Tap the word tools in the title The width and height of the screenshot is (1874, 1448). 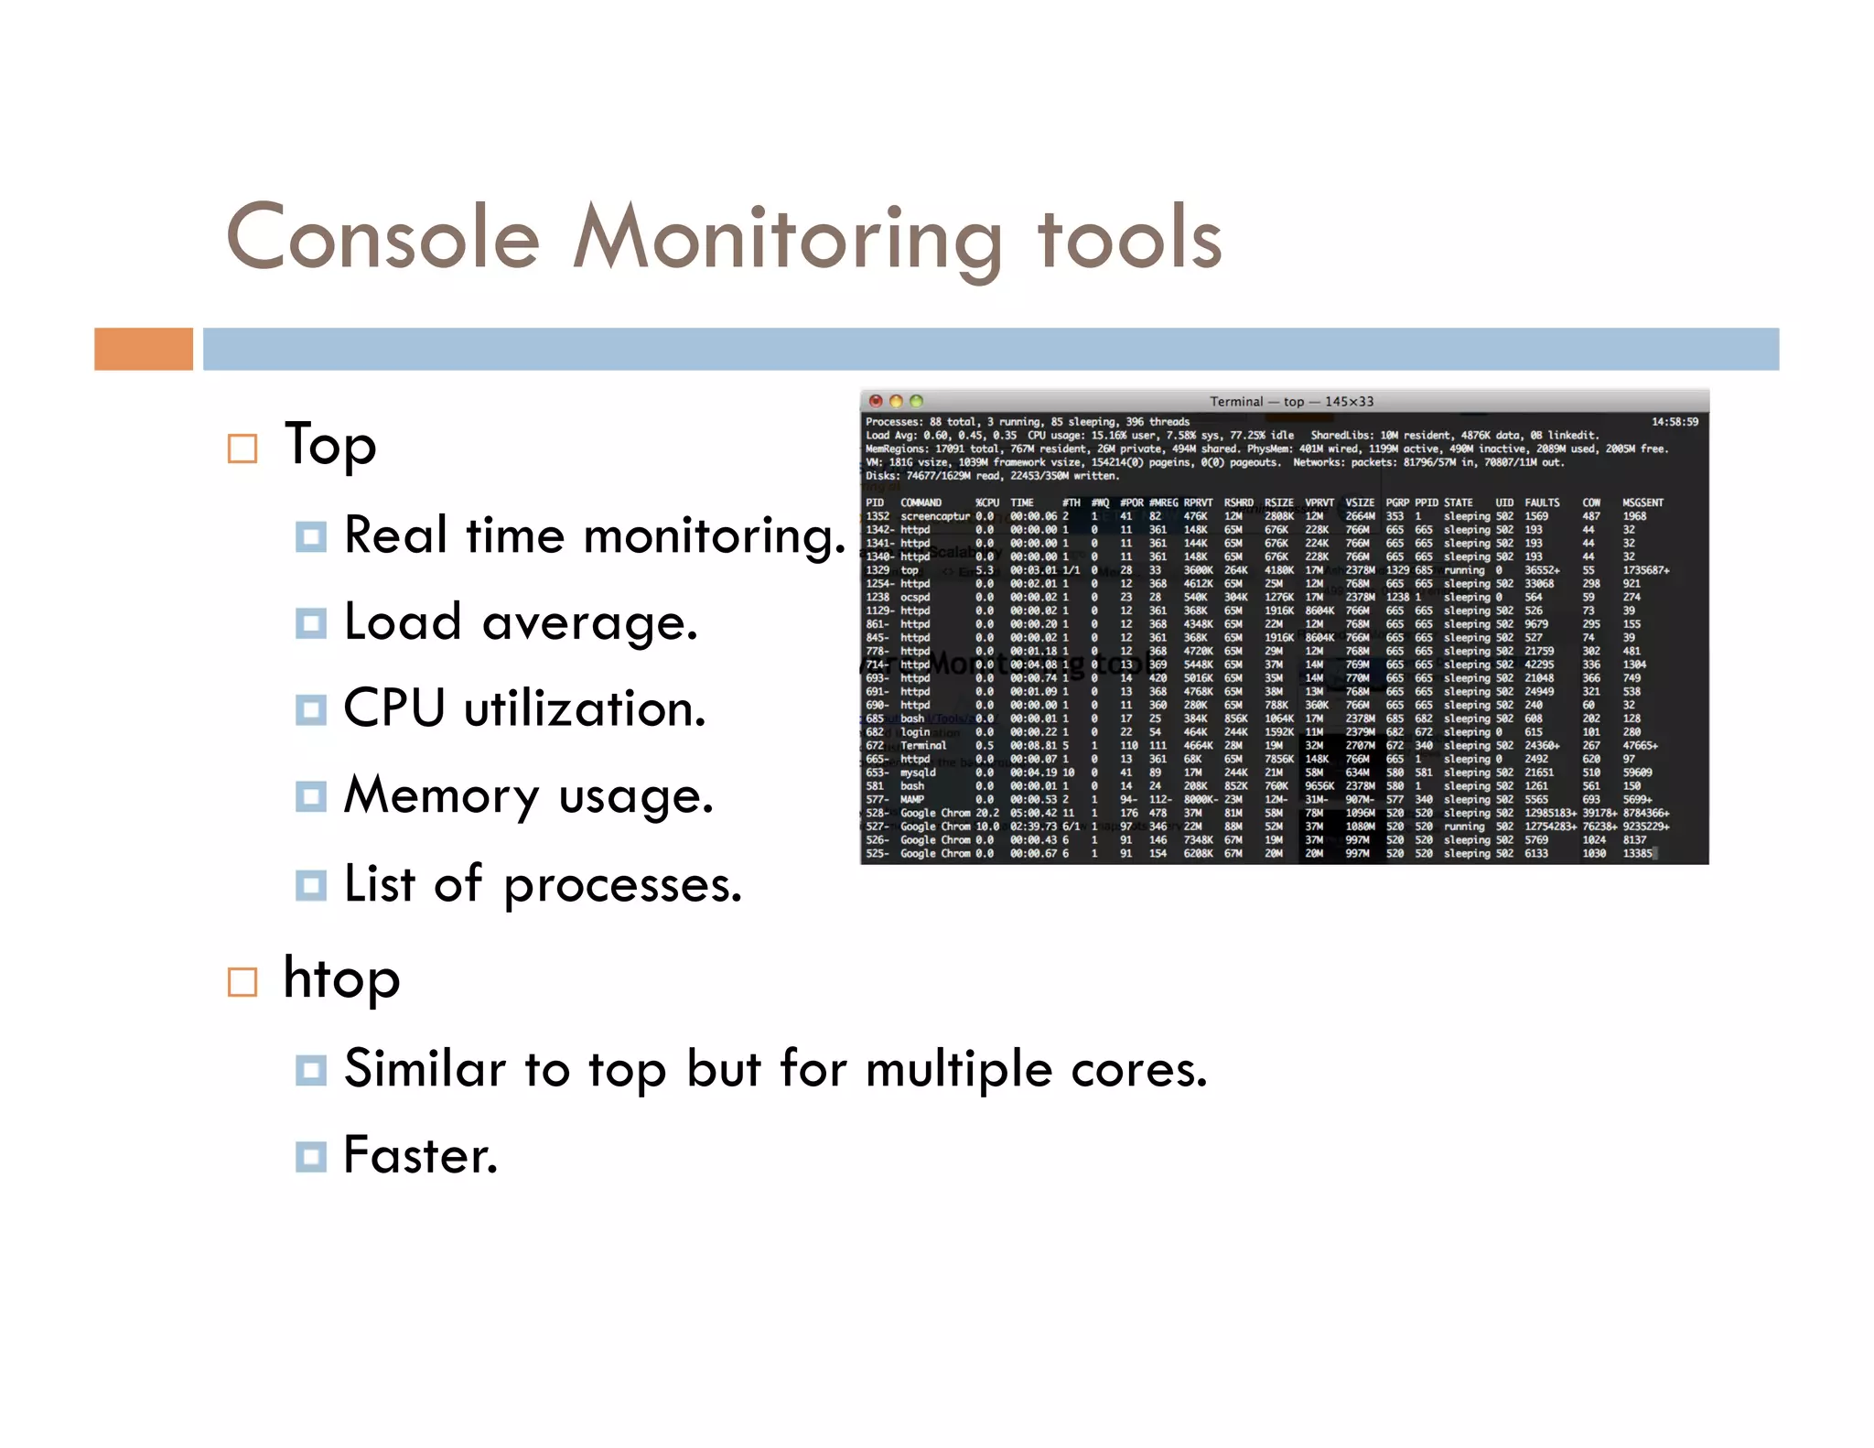[x=1129, y=238]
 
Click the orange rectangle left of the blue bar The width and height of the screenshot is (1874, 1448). [x=144, y=349]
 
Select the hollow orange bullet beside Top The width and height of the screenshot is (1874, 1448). [x=242, y=448]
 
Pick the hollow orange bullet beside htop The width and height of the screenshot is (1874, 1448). [x=242, y=982]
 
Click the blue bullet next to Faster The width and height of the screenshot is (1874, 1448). [x=311, y=1156]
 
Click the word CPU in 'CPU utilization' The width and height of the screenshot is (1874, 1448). [x=394, y=708]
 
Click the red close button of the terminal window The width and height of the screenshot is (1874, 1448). [x=876, y=401]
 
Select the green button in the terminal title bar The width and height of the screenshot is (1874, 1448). [x=917, y=401]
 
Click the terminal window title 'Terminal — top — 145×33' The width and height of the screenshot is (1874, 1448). [x=1291, y=401]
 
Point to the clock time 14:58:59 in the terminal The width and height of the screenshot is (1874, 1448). [x=1675, y=422]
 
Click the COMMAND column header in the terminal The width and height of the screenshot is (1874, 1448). [x=921, y=502]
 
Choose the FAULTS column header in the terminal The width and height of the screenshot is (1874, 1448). [x=1542, y=502]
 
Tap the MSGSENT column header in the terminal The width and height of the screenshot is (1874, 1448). [x=1642, y=502]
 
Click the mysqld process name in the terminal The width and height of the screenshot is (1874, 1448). [x=918, y=773]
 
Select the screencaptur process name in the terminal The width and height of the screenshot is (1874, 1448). [x=935, y=516]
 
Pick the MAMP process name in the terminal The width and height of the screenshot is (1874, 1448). [x=912, y=799]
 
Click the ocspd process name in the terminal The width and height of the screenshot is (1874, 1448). [x=915, y=597]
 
